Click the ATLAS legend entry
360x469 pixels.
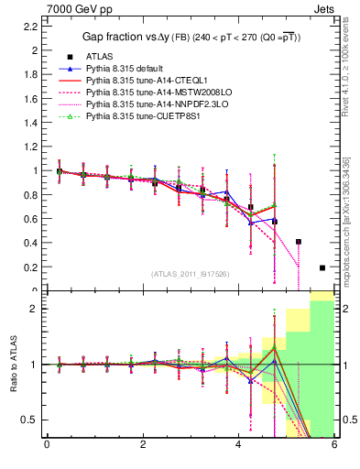(x=100, y=57)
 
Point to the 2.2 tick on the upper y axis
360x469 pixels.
(x=31, y=26)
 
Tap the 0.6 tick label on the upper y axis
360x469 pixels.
(x=31, y=219)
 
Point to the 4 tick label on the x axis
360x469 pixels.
(x=238, y=446)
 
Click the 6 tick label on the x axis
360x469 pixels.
(x=334, y=446)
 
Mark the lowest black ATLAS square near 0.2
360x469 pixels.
(x=322, y=267)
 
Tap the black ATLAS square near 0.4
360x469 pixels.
(x=299, y=242)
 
